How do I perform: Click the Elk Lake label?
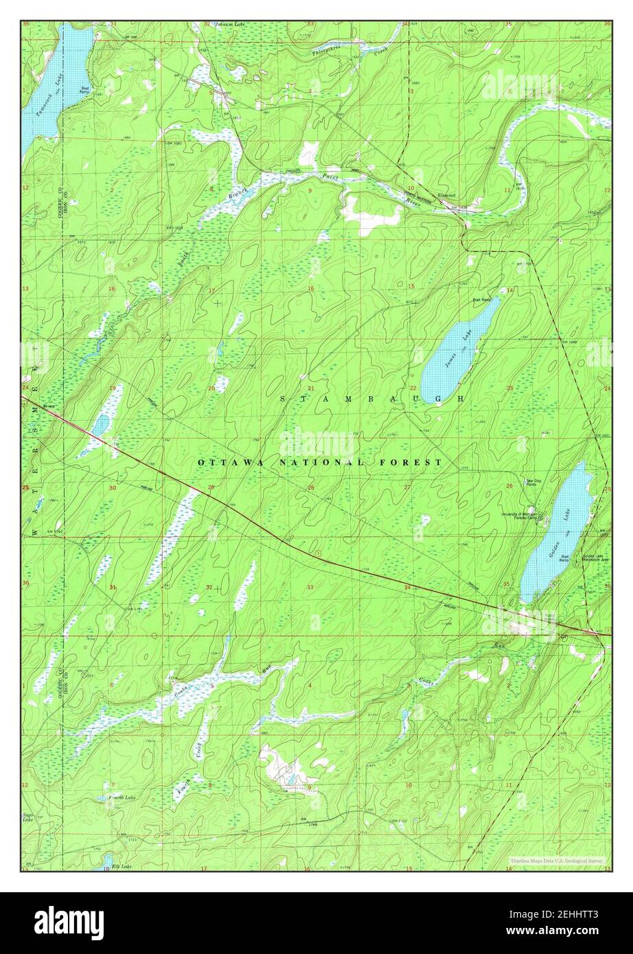tap(121, 868)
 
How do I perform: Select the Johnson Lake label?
tap(229, 25)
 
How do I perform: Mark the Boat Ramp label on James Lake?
tap(481, 300)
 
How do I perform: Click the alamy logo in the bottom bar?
tap(69, 922)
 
